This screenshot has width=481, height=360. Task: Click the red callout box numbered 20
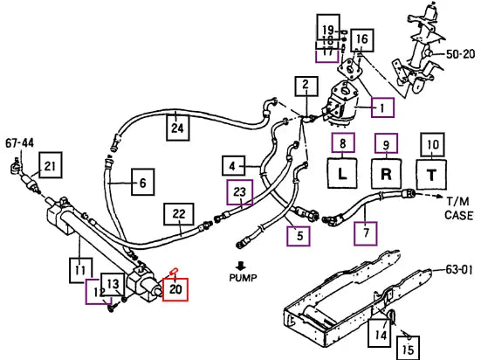(175, 289)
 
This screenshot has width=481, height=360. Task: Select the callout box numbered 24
(177, 128)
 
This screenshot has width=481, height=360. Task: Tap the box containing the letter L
(342, 174)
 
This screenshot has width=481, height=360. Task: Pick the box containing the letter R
(386, 174)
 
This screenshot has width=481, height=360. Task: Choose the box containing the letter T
(431, 175)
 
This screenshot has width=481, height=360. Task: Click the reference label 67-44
(20, 142)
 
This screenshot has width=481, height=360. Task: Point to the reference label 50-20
(460, 54)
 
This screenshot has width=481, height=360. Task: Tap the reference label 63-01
(459, 270)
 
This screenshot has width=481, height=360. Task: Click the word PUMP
(243, 278)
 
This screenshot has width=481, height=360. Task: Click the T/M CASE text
(458, 208)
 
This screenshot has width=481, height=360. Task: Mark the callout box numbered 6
(143, 182)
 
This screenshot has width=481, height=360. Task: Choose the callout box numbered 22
(179, 214)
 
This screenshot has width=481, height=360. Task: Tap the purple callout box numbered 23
(240, 192)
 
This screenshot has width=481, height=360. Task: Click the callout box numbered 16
(362, 40)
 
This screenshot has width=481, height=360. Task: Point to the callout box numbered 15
(408, 348)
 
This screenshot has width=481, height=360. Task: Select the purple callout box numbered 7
(366, 233)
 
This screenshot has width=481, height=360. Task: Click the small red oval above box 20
(174, 271)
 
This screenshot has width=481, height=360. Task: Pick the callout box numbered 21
(51, 165)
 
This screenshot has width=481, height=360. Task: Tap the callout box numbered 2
(306, 86)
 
